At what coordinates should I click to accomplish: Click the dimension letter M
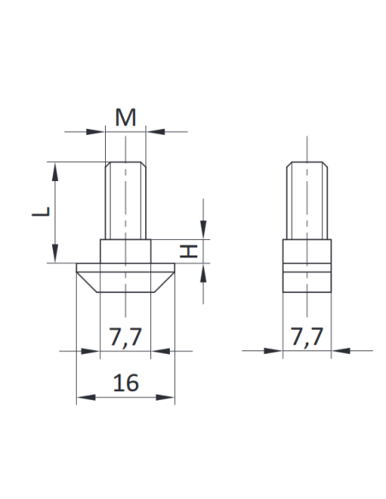126,118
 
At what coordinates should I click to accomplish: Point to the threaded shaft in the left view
126,202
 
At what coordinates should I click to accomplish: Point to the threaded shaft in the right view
307,202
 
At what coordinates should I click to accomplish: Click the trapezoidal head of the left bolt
126,279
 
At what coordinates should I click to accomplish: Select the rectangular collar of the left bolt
126,251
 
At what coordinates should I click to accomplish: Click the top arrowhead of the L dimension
56,169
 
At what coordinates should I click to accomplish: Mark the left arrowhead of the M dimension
97,132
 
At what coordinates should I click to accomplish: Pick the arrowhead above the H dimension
204,233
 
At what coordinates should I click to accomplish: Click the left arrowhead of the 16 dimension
83,397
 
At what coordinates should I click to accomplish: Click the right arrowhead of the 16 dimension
169,397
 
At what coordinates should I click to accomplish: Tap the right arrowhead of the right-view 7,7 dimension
337,350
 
